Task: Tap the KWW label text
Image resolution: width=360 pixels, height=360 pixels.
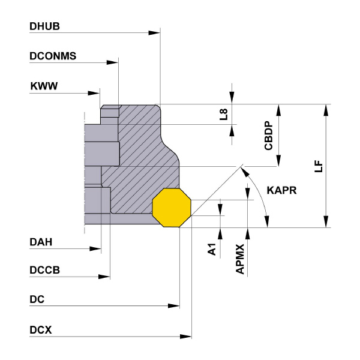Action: point(44,87)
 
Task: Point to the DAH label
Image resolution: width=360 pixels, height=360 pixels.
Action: point(41,242)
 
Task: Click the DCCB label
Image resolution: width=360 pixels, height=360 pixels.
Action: point(45,271)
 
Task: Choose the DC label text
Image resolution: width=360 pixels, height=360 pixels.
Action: point(37,299)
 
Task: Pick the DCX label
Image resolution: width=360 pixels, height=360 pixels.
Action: point(41,330)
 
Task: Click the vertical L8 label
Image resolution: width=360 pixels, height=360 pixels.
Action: point(223,114)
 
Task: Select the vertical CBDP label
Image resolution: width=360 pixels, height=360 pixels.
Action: point(269,136)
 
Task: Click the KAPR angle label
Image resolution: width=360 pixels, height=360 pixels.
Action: point(283,190)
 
